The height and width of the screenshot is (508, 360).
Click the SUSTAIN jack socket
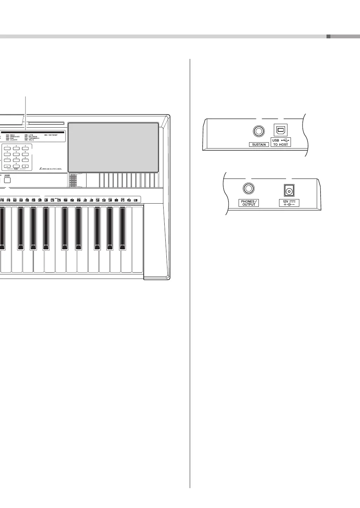(x=258, y=131)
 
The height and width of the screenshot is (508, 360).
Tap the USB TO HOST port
(x=280, y=130)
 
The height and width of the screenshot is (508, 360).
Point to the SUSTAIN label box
(x=259, y=144)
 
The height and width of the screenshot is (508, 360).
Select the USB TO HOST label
(x=280, y=142)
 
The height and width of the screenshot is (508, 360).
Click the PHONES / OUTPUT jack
(x=249, y=189)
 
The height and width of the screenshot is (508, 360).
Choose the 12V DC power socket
(x=289, y=190)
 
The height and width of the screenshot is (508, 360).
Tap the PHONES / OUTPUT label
(x=249, y=203)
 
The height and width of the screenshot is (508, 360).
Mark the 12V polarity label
(x=289, y=203)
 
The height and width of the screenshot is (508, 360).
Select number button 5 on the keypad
(x=16, y=154)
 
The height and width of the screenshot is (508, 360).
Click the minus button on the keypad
(x=7, y=166)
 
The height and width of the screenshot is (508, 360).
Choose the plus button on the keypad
(x=25, y=166)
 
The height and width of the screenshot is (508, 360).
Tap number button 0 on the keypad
(x=16, y=166)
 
